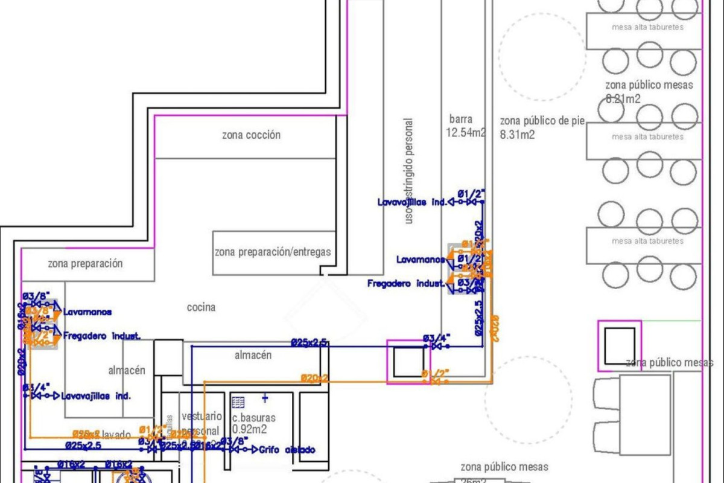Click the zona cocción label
pos(251,135)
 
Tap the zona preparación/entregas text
pos(273,252)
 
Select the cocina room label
pos(201,307)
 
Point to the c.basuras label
pos(253,417)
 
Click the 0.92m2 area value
pos(249,429)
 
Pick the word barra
pos(461,119)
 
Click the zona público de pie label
pos(542,121)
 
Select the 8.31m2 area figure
pos(517,135)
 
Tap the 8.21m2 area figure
pos(623,98)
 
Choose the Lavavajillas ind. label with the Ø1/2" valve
pos(412,203)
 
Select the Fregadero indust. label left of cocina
pos(102,335)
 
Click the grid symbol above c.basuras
pos(238,401)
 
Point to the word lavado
pos(116,433)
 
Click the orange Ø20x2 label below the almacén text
pos(314,378)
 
